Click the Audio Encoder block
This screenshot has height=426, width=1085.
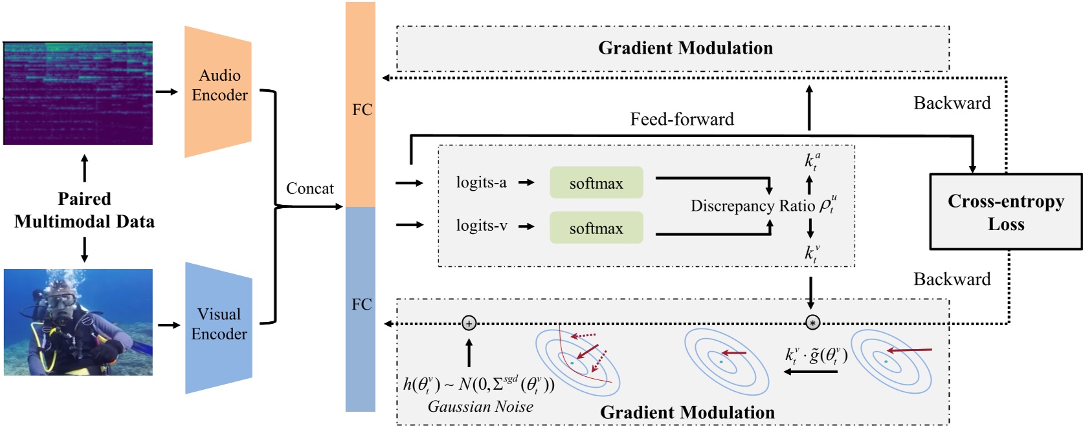pyautogui.click(x=219, y=91)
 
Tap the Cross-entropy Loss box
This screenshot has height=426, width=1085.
pyautogui.click(x=1005, y=212)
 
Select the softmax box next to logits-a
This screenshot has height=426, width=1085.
pyautogui.click(x=596, y=183)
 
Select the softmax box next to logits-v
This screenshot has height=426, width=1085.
pyautogui.click(x=596, y=228)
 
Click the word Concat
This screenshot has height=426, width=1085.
pyautogui.click(x=309, y=189)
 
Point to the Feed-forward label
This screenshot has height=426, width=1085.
pyautogui.click(x=682, y=119)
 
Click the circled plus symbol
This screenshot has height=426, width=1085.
pyautogui.click(x=469, y=323)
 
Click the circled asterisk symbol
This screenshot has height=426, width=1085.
pyautogui.click(x=812, y=323)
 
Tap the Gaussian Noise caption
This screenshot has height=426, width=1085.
pyautogui.click(x=480, y=407)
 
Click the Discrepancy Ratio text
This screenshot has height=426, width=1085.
pyautogui.click(x=753, y=206)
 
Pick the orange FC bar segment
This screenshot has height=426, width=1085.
pyautogui.click(x=361, y=103)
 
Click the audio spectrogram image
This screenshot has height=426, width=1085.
pyautogui.click(x=78, y=93)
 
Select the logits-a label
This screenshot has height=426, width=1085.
pyautogui.click(x=481, y=182)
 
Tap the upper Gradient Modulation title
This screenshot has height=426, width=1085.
pyautogui.click(x=685, y=48)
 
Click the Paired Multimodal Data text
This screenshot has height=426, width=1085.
pyautogui.click(x=84, y=210)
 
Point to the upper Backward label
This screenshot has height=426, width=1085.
pyautogui.click(x=952, y=103)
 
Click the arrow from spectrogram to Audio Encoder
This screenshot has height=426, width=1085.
pyautogui.click(x=166, y=92)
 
